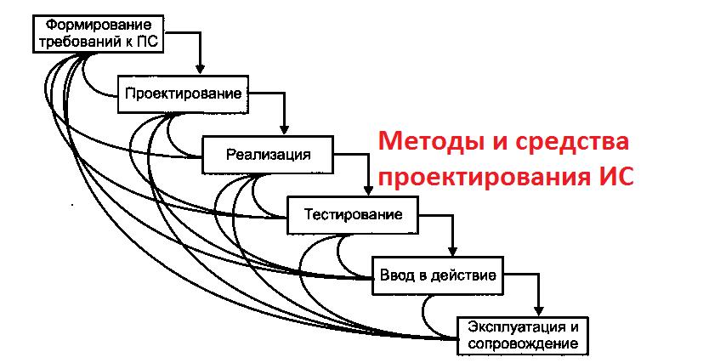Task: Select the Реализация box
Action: (268, 154)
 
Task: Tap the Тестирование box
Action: (353, 215)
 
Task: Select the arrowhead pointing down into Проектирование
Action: (201, 68)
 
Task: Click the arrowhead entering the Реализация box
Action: (286, 130)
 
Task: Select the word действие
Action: (466, 276)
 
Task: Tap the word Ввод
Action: (396, 276)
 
